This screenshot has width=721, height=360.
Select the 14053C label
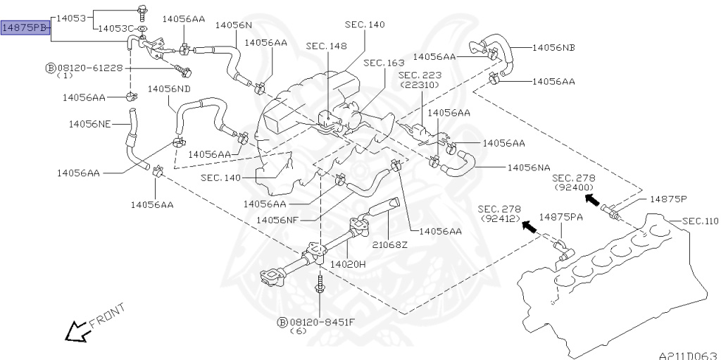(x=116, y=29)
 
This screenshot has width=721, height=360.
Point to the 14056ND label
(x=169, y=88)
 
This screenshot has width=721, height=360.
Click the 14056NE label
(x=90, y=124)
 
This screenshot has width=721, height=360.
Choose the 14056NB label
(x=553, y=47)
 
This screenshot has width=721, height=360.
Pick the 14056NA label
(x=529, y=168)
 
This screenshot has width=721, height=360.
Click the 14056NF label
(x=277, y=220)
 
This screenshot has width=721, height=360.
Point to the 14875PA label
(x=561, y=217)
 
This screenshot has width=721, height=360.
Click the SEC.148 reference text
(x=327, y=46)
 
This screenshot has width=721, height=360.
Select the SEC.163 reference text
(x=384, y=63)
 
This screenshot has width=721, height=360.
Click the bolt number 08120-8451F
(x=322, y=322)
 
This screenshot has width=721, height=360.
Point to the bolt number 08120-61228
(x=90, y=68)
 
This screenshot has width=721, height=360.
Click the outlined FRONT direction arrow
(x=77, y=331)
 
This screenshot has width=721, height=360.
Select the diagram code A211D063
(x=690, y=356)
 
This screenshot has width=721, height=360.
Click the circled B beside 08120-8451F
(x=283, y=322)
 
